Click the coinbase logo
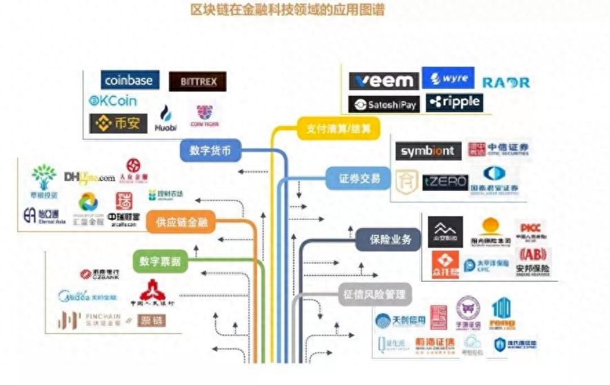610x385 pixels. point(130,80)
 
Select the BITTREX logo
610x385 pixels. point(198,82)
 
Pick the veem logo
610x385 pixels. point(383,81)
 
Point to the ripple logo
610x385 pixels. point(453,103)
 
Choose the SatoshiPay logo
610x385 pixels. point(383,104)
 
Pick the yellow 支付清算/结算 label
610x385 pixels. point(338,129)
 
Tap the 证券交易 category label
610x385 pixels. point(358,178)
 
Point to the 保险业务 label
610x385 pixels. point(387,240)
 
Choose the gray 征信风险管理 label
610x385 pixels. point(374,294)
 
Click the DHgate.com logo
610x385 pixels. point(89,177)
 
